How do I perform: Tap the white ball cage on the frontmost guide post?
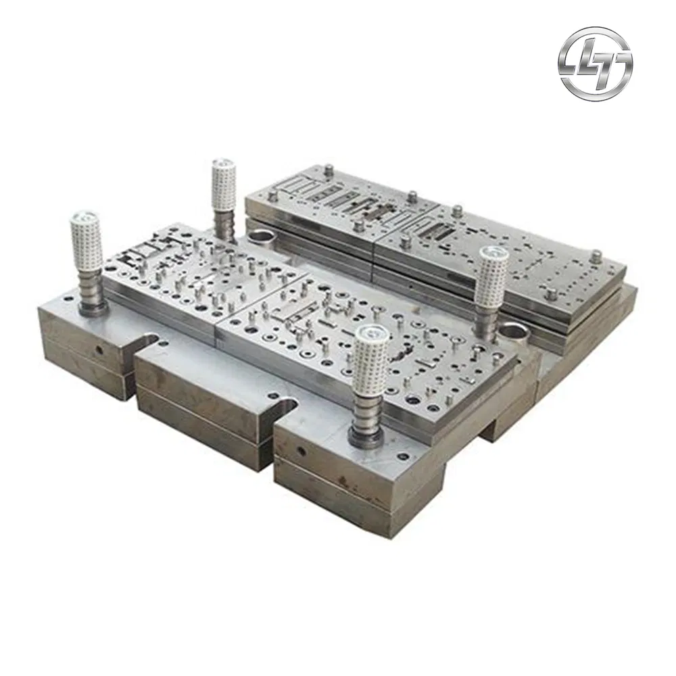coord(370,369)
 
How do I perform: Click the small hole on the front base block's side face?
coord(299,450)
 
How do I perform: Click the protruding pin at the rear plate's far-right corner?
coord(595,258)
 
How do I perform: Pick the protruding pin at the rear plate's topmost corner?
coord(329,170)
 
